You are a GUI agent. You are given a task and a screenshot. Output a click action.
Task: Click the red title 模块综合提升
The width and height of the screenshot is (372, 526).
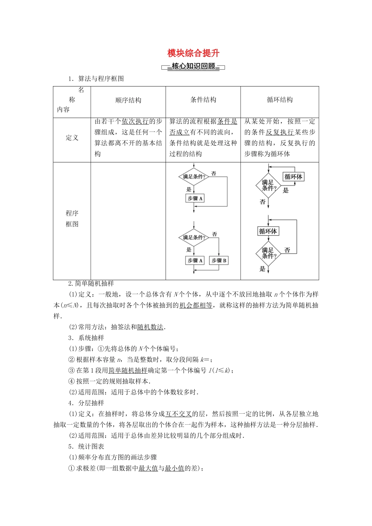coord(193,53)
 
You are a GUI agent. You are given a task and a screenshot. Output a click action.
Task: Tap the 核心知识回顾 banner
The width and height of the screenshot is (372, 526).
coord(193,67)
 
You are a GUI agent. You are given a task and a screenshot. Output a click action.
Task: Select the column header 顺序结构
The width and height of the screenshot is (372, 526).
coord(128,100)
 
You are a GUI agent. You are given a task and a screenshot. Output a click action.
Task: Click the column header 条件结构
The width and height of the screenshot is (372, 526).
coord(203,100)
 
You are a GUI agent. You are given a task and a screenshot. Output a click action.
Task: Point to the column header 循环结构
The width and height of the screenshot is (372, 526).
coord(280,100)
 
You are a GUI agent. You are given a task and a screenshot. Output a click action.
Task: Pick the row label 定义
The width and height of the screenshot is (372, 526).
coord(72,138)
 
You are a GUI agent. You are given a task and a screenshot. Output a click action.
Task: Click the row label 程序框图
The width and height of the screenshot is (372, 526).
coord(72,218)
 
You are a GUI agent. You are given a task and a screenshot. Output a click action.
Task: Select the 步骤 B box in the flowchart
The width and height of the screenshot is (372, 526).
coord(219,260)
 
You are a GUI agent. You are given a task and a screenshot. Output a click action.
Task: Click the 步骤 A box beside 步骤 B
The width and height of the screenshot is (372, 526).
coord(195,260)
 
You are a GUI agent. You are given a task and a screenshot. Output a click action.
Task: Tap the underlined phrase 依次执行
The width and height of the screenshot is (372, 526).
coord(135,121)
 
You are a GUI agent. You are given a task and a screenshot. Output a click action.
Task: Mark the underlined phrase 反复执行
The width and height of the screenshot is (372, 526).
coord(280,132)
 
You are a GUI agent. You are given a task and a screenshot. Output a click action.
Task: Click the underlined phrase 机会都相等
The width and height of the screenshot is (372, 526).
coord(196,305)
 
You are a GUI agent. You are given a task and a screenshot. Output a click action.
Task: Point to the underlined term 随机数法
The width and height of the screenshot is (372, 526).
coord(150,327)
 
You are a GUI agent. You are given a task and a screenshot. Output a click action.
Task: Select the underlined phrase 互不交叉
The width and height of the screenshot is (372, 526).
coord(179,414)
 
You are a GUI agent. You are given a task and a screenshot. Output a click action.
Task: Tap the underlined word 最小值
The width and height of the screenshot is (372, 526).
coord(175,468)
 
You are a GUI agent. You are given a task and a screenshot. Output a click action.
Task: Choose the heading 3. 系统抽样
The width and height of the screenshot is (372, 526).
coord(86,338)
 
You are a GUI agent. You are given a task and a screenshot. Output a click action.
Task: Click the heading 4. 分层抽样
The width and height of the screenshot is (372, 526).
coord(86,403)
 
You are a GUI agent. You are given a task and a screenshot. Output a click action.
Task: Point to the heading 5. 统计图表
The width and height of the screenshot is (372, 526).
coord(86,447)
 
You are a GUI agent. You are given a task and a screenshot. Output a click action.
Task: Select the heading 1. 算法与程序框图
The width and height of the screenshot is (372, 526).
coord(96,79)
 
